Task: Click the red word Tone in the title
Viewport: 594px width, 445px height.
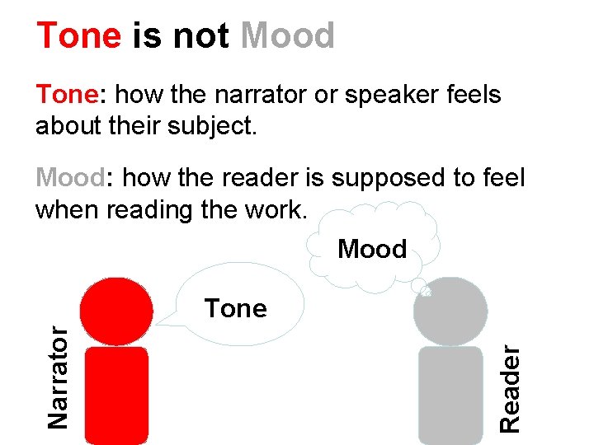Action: pyautogui.click(x=78, y=36)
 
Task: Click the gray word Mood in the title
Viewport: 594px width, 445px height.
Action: pyautogui.click(x=288, y=36)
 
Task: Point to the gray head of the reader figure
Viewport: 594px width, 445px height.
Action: pyautogui.click(x=450, y=311)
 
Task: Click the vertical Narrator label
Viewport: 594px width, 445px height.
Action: pyautogui.click(x=57, y=375)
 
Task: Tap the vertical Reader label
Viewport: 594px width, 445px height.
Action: pyautogui.click(x=511, y=389)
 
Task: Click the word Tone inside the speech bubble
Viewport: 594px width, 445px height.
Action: pyautogui.click(x=236, y=309)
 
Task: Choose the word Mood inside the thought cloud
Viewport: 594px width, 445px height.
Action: pyautogui.click(x=372, y=249)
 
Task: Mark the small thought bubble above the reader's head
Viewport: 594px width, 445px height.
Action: pyautogui.click(x=427, y=290)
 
